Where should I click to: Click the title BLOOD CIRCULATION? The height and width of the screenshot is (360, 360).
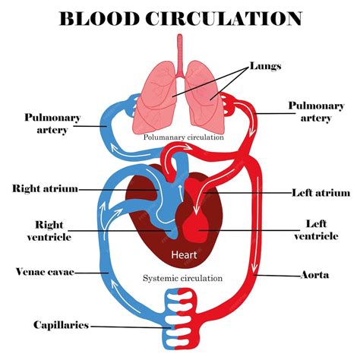tap(180, 17)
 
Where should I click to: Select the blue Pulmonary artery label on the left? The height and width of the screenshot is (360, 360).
tap(48, 124)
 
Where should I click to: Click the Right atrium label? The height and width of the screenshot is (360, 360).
tap(45, 188)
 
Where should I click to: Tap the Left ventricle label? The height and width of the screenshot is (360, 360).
tap(316, 230)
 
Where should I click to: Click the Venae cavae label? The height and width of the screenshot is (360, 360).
tap(43, 271)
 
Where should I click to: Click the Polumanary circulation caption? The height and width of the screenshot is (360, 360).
tap(184, 137)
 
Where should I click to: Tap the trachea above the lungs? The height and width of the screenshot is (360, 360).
tap(180, 49)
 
